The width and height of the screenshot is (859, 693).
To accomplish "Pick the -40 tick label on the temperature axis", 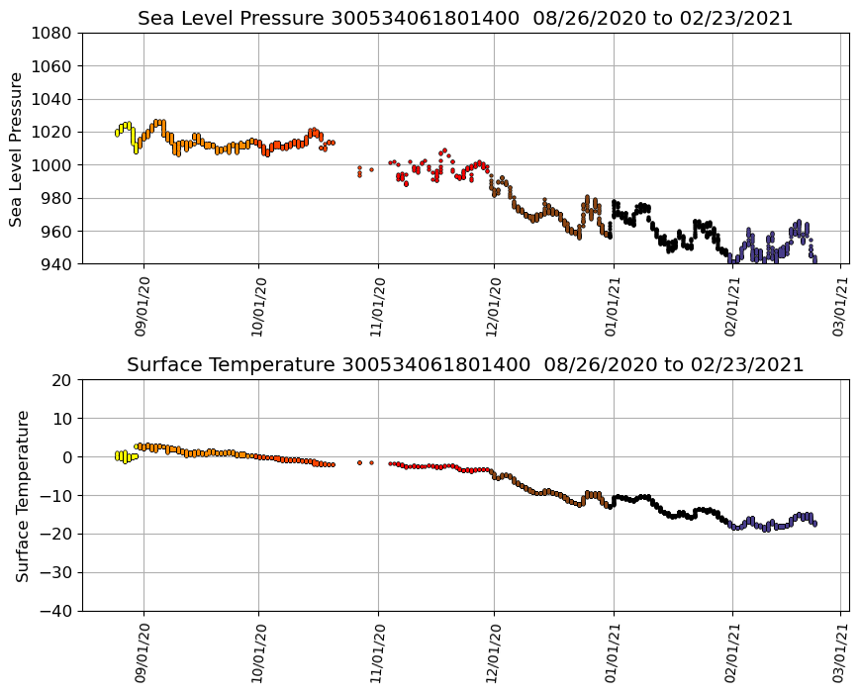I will (x=58, y=612).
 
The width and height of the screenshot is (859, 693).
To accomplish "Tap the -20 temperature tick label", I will (x=58, y=535).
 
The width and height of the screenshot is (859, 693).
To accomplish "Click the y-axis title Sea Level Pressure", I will (x=17, y=148).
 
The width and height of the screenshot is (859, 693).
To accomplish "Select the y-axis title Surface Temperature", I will (x=22, y=495).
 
